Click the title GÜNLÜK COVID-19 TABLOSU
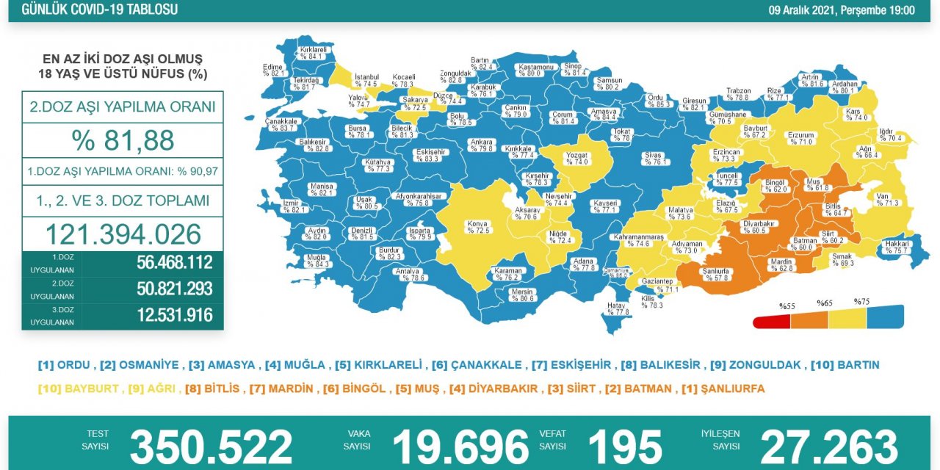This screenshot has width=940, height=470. click(100, 10)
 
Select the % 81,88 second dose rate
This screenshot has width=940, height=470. click(123, 140)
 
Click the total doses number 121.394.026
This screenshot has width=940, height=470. click(123, 234)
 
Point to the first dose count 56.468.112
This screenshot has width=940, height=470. click(174, 263)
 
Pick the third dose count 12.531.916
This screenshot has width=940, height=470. click(174, 315)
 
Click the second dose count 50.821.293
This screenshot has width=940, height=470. click(174, 289)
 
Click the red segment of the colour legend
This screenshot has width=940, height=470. click(771, 322)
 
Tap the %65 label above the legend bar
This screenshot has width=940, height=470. click(823, 303)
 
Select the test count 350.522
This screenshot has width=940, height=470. click(211, 446)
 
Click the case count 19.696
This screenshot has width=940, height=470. click(460, 446)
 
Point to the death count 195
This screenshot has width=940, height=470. click(625, 446)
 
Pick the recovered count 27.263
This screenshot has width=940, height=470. click(829, 446)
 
